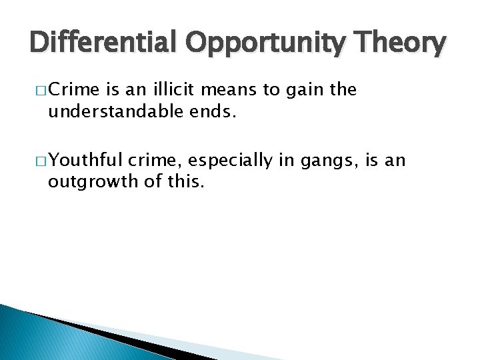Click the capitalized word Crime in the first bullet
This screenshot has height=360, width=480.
point(74,89)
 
